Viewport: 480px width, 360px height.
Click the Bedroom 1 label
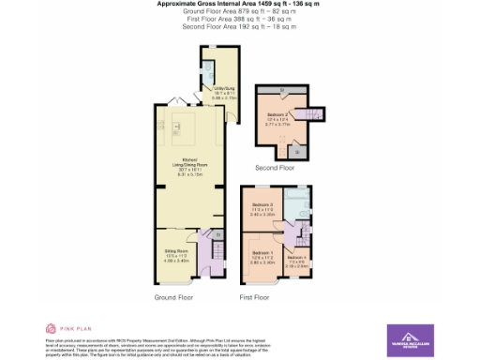[x=262, y=256]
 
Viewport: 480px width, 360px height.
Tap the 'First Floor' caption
[x=254, y=297]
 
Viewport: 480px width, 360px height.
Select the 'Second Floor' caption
[x=276, y=168]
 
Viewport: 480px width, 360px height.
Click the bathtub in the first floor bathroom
[x=301, y=207]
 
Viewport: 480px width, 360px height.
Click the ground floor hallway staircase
[x=217, y=250]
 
